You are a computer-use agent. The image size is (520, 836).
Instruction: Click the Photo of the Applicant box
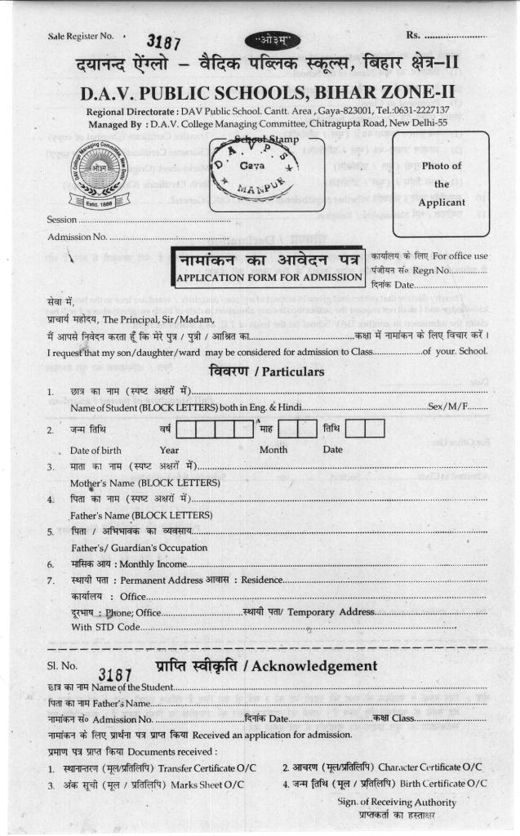[x=442, y=182]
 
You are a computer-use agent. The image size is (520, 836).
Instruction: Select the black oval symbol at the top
[x=266, y=39]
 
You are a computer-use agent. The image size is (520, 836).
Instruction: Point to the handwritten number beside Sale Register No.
[x=162, y=41]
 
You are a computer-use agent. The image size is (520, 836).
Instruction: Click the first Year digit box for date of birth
[x=184, y=429]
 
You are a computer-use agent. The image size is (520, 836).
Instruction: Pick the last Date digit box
[x=375, y=429]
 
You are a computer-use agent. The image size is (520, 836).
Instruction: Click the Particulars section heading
[x=268, y=371]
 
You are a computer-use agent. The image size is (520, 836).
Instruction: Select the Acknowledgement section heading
[x=267, y=666]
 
